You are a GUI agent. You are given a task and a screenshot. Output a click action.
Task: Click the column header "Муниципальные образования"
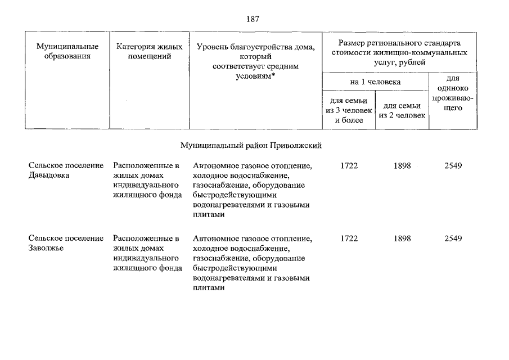(x=67, y=51)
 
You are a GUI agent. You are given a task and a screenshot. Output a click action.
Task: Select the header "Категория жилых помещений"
(x=150, y=51)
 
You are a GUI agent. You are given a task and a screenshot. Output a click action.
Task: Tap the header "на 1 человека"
(x=375, y=82)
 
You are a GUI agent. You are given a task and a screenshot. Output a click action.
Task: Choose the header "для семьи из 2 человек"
(x=403, y=110)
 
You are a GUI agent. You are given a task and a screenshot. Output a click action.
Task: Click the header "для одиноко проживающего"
(x=453, y=93)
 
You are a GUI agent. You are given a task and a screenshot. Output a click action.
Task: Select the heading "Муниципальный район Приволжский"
(x=251, y=145)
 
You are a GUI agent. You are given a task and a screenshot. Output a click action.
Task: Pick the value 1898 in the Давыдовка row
(x=403, y=166)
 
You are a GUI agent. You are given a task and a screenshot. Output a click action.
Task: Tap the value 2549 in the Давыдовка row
(x=453, y=166)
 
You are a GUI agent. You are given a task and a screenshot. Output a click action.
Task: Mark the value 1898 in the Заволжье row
(x=403, y=238)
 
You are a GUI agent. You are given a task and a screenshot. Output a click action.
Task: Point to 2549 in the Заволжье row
(x=453, y=238)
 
